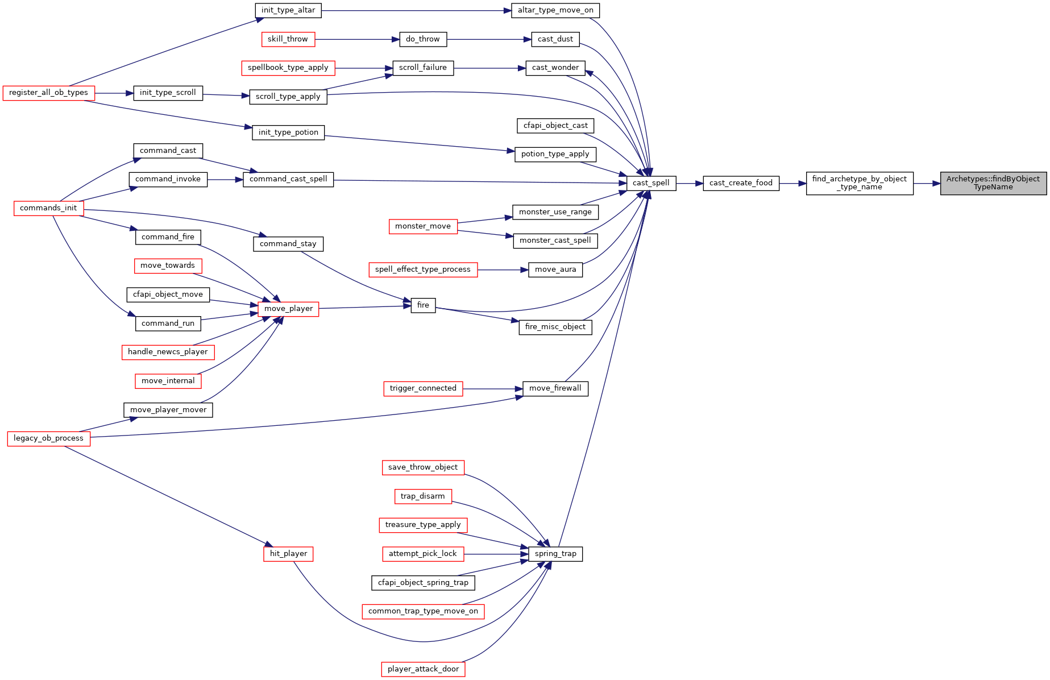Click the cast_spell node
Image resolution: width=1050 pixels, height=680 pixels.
tap(651, 183)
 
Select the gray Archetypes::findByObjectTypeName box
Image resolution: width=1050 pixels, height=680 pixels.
tap(993, 183)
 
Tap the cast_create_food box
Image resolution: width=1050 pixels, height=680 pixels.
tap(741, 183)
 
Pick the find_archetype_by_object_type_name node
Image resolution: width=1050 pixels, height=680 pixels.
tap(860, 183)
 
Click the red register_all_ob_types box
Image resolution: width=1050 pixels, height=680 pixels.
tap(48, 93)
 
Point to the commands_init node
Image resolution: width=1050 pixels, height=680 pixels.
tap(48, 208)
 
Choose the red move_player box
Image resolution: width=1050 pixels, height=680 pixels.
tap(288, 309)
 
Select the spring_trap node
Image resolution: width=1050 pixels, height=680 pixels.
tap(555, 554)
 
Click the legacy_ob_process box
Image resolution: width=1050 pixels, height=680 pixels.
tap(48, 438)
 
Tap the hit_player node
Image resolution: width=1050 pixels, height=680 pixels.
tap(288, 554)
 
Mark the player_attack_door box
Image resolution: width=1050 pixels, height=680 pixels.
tap(423, 669)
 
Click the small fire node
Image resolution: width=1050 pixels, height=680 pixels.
tap(423, 305)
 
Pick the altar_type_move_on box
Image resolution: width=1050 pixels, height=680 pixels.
tap(555, 10)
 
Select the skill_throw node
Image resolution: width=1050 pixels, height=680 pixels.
tap(288, 39)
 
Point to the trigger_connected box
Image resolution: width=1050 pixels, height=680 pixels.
tap(423, 388)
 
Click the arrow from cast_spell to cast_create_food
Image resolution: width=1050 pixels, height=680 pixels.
tap(690, 183)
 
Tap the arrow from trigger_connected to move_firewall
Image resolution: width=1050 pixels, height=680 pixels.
tap(493, 389)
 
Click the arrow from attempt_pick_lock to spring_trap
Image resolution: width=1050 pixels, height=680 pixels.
tap(496, 554)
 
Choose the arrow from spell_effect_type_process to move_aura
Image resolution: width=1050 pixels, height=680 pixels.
tap(503, 269)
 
